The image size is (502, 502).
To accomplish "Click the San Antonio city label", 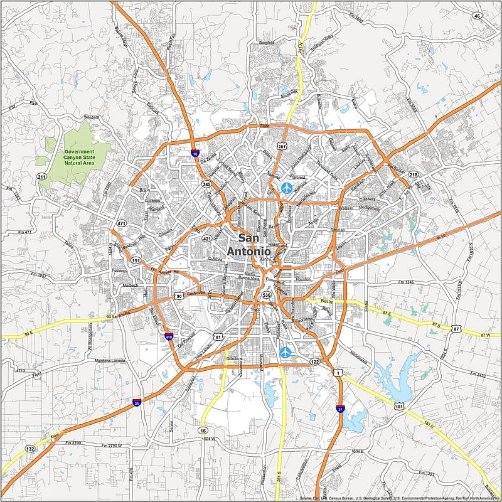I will (257, 245).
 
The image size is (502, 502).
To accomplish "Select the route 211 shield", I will (42, 177).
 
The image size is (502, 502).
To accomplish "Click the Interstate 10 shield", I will (195, 152).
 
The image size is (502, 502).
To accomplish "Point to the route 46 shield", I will (478, 16).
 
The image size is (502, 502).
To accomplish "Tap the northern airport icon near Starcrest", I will (287, 187).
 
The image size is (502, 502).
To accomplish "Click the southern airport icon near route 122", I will (286, 353).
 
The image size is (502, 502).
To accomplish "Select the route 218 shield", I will (413, 174).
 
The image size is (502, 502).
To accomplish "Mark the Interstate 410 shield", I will (169, 337).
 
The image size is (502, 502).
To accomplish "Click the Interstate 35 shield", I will (137, 403).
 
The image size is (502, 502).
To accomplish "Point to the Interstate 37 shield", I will (339, 409).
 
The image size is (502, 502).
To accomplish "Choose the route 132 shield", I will (30, 449).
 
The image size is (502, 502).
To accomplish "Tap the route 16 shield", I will (203, 430).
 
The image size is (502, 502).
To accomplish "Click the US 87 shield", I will (456, 329).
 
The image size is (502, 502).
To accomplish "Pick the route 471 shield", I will (121, 223).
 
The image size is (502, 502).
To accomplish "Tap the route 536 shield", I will (267, 295).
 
